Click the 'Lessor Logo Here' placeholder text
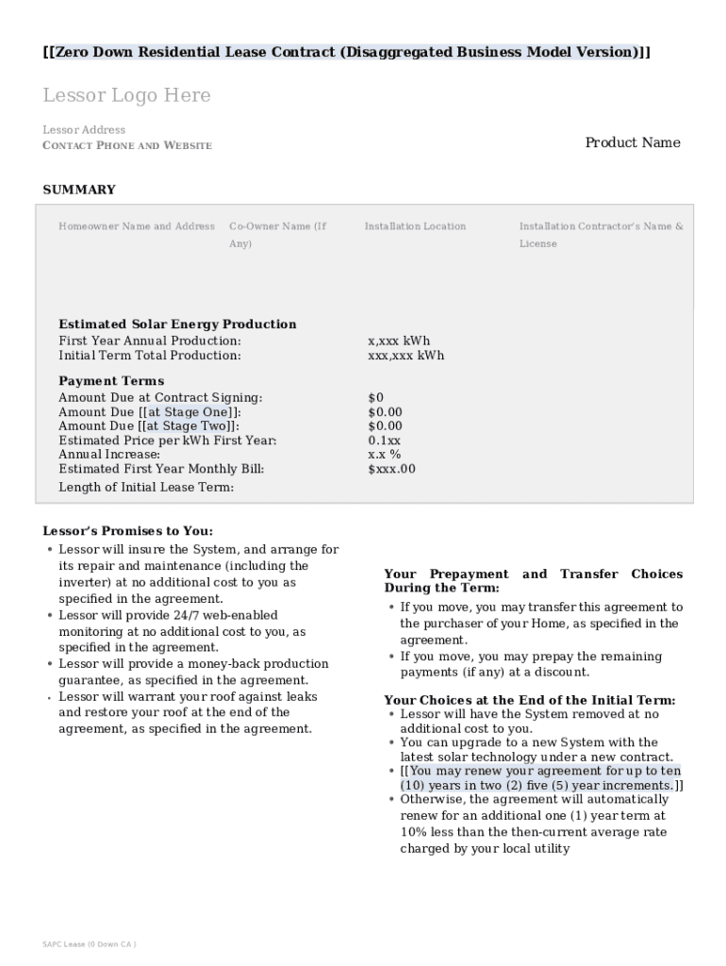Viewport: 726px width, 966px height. click(x=126, y=95)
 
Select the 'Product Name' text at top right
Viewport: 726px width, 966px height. click(x=632, y=142)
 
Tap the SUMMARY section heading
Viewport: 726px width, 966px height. click(x=79, y=190)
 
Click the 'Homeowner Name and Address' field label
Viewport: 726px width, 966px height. click(x=137, y=226)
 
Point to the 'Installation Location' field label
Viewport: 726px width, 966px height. click(x=415, y=226)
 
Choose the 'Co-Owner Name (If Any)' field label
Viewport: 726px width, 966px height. click(x=277, y=235)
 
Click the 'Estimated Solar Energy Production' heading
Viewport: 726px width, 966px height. click(x=177, y=325)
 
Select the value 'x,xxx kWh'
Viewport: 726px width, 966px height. click(x=399, y=341)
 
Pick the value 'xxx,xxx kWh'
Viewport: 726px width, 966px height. click(x=405, y=356)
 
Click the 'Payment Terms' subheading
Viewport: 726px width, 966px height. click(x=111, y=381)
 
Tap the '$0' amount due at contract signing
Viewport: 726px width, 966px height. click(x=375, y=398)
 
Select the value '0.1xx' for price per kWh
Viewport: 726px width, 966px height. click(x=384, y=441)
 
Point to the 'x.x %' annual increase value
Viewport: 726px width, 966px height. click(x=384, y=455)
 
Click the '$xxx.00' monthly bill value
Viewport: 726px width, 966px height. click(x=391, y=469)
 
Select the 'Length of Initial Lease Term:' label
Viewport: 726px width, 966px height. click(x=146, y=488)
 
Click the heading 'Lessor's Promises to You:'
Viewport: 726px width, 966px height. click(x=127, y=531)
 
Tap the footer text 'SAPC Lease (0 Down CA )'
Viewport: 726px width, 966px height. click(x=90, y=944)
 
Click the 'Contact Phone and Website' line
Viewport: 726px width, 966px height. click(x=127, y=145)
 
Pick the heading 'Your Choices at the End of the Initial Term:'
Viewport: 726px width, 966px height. click(x=529, y=700)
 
